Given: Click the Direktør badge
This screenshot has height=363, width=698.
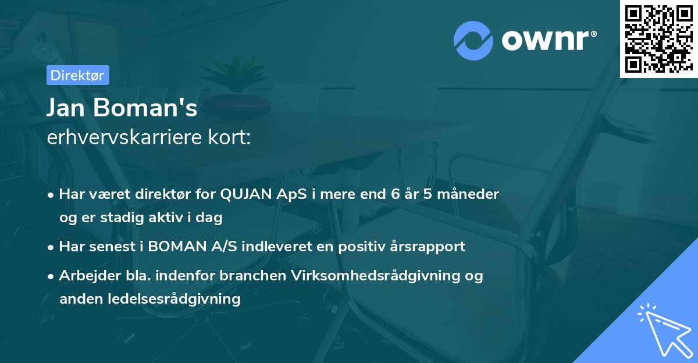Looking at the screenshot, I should click(77, 75).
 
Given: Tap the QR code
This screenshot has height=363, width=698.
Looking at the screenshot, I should click(658, 38).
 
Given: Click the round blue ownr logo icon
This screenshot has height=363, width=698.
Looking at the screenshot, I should click(473, 40).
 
